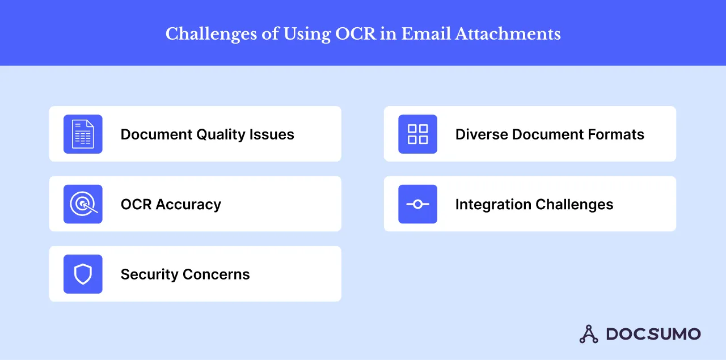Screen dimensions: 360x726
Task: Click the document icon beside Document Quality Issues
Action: tap(83, 134)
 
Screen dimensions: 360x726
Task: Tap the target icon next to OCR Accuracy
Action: tap(83, 204)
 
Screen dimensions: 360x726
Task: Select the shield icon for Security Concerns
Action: tap(83, 274)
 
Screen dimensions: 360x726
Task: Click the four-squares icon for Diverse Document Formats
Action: tap(417, 134)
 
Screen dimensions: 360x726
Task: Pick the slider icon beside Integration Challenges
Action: tap(417, 204)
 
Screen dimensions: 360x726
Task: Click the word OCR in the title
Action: tap(356, 34)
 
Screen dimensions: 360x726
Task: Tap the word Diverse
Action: tap(482, 134)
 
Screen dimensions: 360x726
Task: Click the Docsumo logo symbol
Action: tap(589, 334)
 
